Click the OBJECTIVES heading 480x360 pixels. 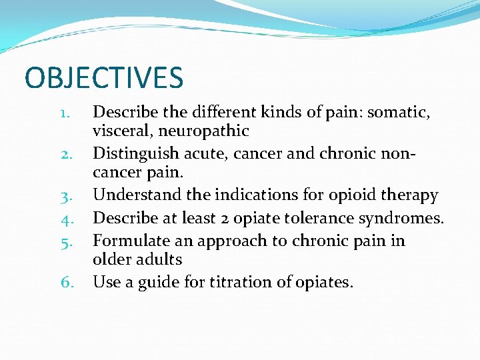[103, 77]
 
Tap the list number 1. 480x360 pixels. [64, 113]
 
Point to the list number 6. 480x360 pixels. [65, 282]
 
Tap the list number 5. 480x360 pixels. [64, 241]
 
